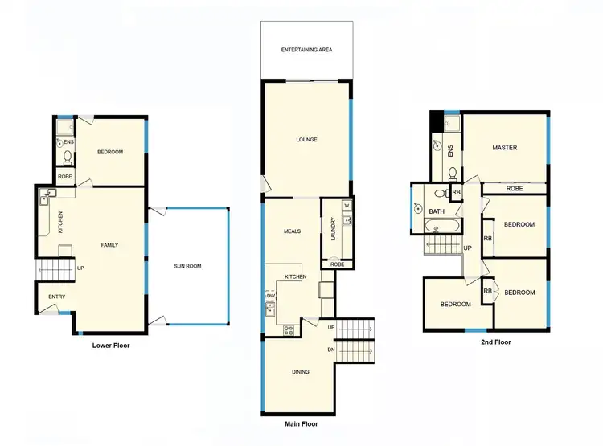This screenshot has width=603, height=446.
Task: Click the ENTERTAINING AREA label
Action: (x=306, y=50)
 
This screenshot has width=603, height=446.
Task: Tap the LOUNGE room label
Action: (x=306, y=140)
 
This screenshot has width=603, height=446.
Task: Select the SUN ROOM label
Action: (x=187, y=265)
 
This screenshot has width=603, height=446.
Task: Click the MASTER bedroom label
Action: (x=505, y=148)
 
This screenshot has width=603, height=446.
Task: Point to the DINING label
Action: (x=300, y=372)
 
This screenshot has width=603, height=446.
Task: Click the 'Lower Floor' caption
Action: (x=111, y=346)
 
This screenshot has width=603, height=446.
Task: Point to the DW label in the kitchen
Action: (x=270, y=295)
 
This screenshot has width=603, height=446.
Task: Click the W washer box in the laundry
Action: (x=347, y=204)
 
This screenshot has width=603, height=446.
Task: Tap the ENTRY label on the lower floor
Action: (x=56, y=297)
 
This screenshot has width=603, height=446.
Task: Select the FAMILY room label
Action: (x=109, y=244)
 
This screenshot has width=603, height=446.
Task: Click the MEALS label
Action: (x=292, y=231)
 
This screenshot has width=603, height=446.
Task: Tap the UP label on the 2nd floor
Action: (x=466, y=248)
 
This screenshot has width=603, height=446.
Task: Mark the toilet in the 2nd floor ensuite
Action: (x=453, y=174)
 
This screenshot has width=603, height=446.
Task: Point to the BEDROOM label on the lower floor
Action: (x=109, y=152)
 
